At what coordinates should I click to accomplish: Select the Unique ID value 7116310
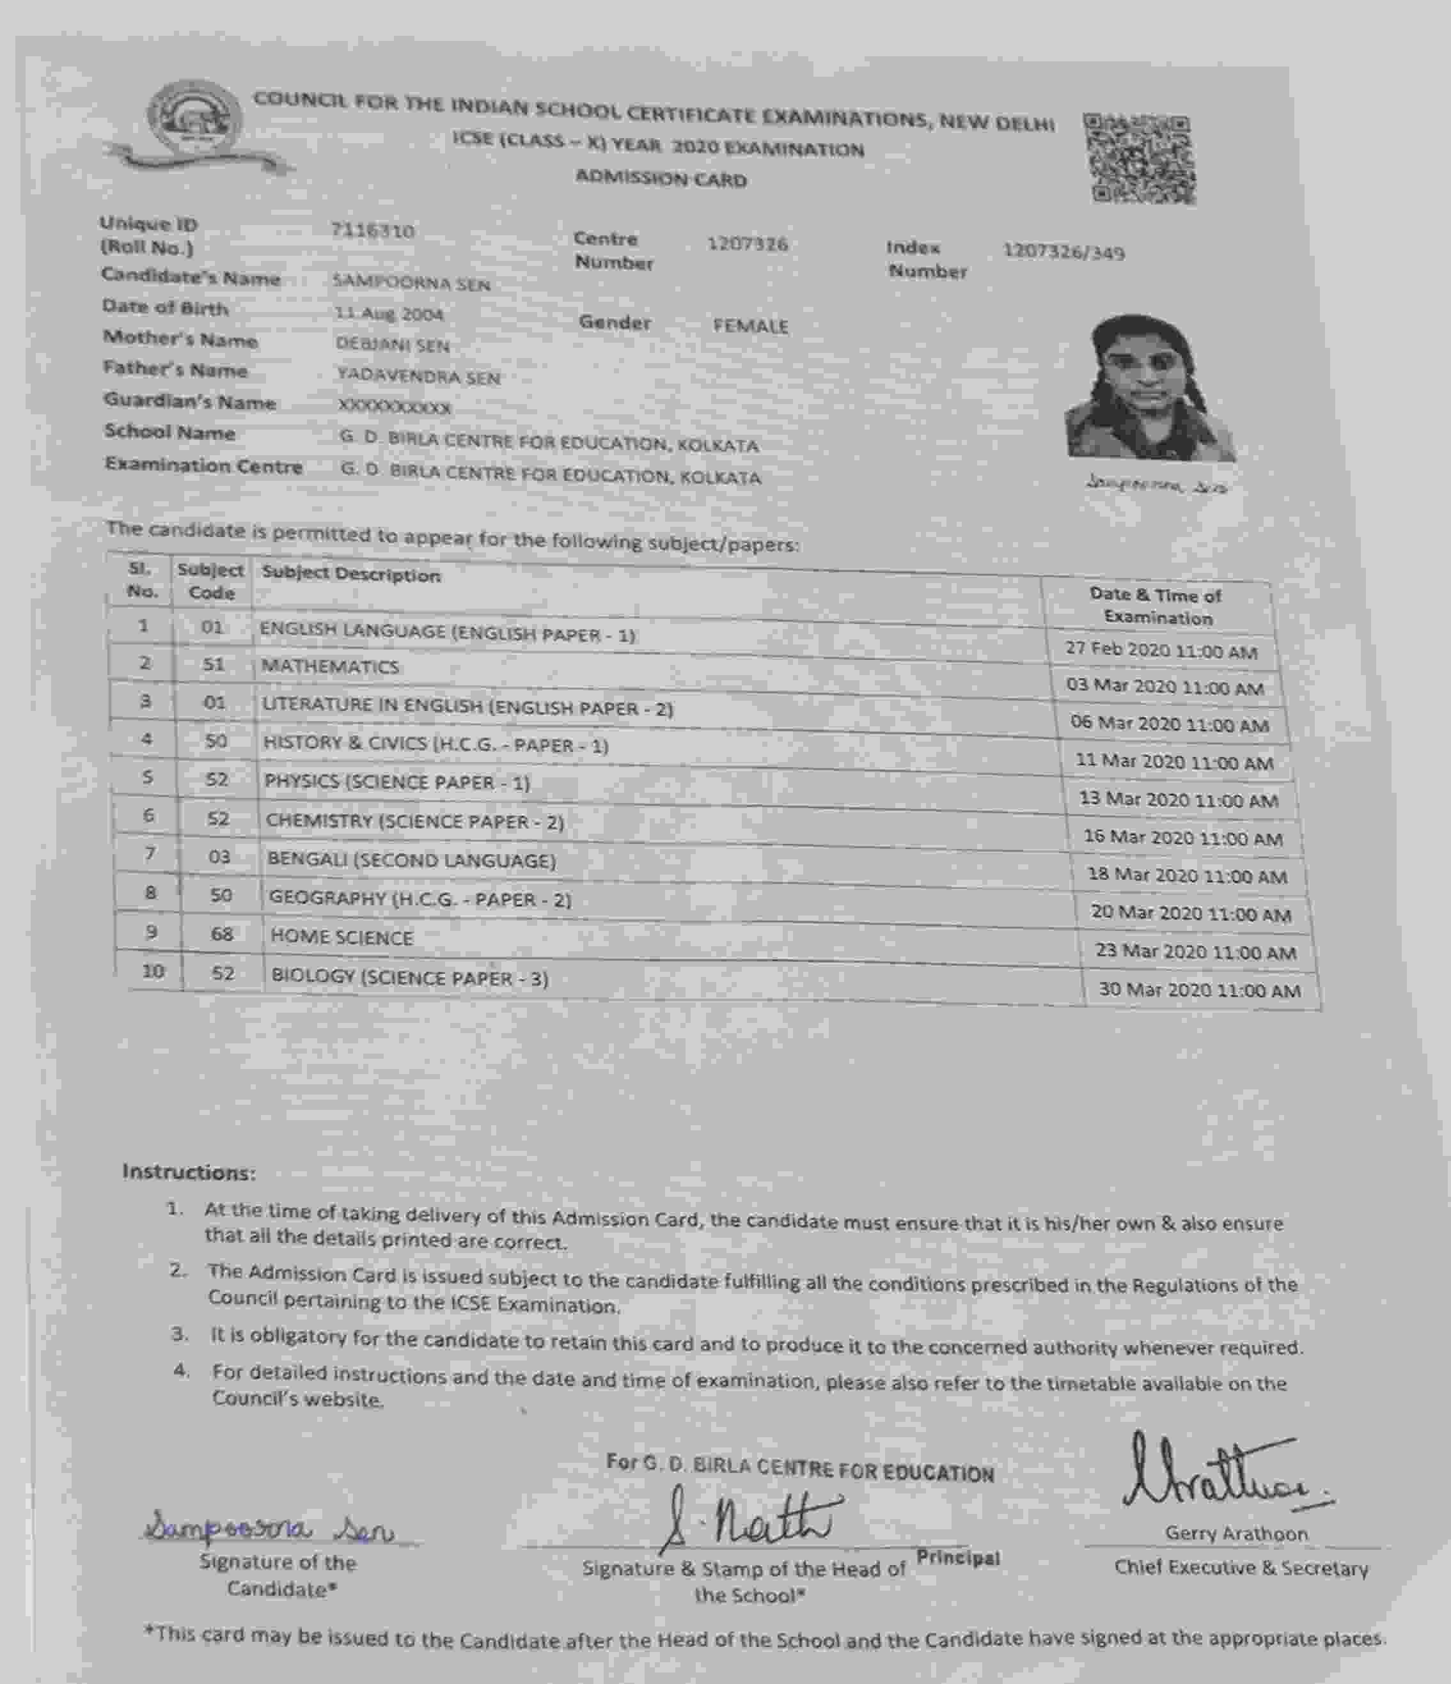point(372,231)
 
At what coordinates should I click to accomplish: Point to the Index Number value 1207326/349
point(1063,252)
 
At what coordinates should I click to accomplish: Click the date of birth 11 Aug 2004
point(389,314)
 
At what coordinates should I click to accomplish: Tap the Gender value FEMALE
point(750,326)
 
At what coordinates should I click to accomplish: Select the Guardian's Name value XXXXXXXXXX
point(395,407)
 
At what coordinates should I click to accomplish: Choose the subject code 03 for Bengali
point(219,857)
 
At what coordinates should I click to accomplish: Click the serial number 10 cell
point(153,971)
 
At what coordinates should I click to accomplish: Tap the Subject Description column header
point(351,575)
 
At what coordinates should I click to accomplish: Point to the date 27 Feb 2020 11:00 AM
point(1161,651)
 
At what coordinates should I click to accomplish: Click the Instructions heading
point(189,1172)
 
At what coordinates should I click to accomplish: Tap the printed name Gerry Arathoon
point(1235,1534)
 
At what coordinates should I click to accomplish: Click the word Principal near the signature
point(957,1557)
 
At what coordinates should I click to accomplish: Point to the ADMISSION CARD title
point(661,179)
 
